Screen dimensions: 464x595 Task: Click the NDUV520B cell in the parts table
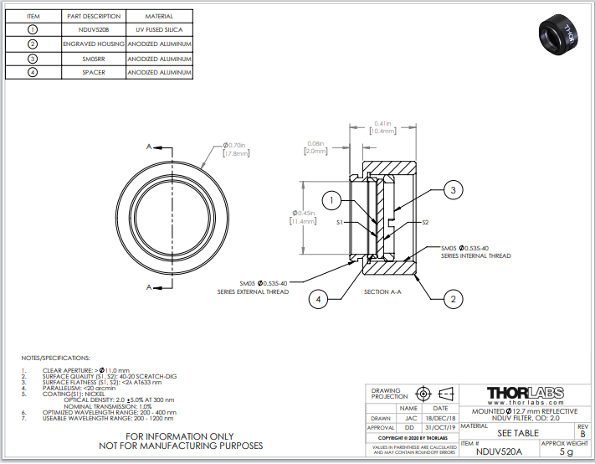click(x=94, y=29)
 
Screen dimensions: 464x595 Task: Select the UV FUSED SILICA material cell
click(x=159, y=29)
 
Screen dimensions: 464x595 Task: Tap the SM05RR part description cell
click(x=94, y=59)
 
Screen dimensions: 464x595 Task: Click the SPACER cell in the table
click(x=94, y=73)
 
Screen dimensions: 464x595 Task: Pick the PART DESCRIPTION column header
click(x=94, y=16)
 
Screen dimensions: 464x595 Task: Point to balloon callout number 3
click(x=453, y=191)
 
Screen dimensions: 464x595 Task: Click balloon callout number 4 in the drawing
click(x=318, y=298)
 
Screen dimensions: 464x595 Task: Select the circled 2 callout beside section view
click(x=453, y=298)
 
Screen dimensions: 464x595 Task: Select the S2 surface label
click(x=425, y=223)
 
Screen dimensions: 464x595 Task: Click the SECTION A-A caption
click(x=384, y=291)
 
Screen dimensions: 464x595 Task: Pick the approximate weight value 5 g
click(x=566, y=452)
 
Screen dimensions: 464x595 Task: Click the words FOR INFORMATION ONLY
click(x=181, y=436)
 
